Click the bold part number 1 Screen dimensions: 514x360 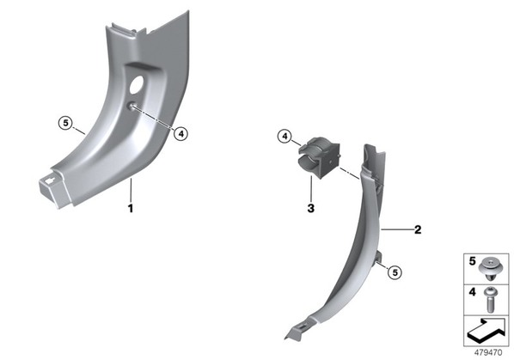click(x=131, y=208)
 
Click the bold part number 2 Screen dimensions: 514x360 click(x=418, y=229)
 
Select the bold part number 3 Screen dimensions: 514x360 click(x=311, y=208)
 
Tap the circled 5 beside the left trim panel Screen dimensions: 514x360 click(x=65, y=123)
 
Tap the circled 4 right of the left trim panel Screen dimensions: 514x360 click(x=181, y=134)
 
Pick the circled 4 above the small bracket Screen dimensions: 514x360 click(x=285, y=136)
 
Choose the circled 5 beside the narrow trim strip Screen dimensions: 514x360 click(x=395, y=272)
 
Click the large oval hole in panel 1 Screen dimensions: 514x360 click(x=137, y=84)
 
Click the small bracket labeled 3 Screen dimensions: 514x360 click(x=319, y=157)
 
